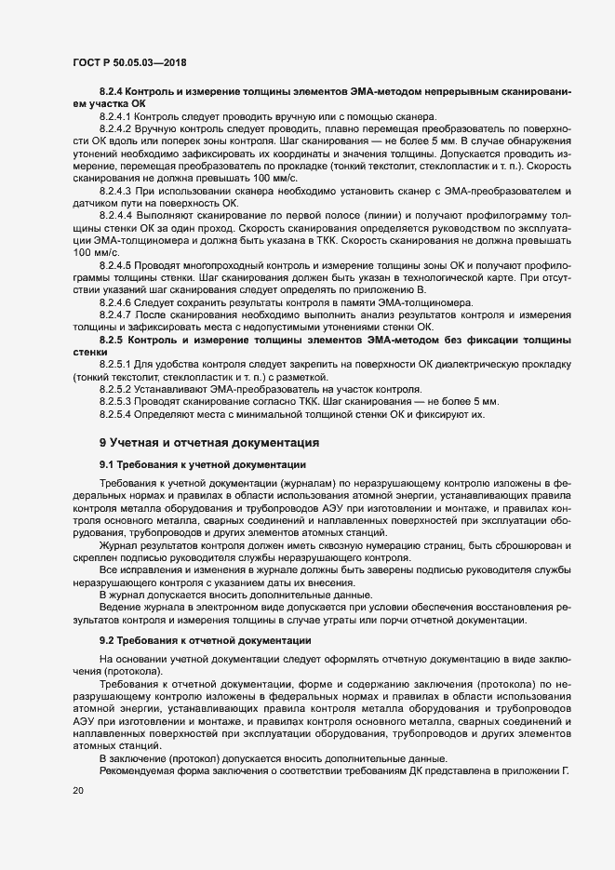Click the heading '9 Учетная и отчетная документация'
(x=209, y=441)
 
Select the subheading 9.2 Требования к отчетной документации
(x=200, y=641)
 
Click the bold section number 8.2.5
(x=112, y=340)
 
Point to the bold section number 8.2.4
(x=112, y=92)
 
